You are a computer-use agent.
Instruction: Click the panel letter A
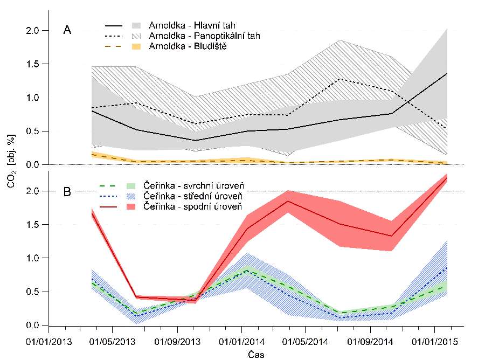coord(67,30)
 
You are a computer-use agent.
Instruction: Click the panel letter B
coord(67,191)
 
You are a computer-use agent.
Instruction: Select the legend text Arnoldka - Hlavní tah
coord(192,25)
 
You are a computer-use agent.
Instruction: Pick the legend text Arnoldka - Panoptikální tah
coord(205,36)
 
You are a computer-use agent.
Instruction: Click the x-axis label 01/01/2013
coord(48,342)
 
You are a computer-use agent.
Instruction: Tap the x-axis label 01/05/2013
coord(112,342)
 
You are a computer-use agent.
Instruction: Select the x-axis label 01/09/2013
coord(177,342)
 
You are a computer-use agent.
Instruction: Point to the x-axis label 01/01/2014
coord(242,342)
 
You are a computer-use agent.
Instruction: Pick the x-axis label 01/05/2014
coord(306,342)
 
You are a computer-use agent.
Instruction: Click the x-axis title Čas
coord(256,354)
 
